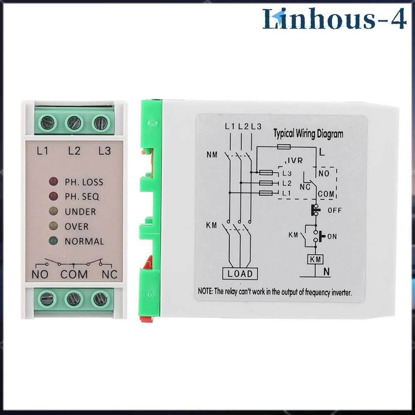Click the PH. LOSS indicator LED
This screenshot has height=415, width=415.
54,182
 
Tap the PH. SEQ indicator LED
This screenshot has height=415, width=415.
54,196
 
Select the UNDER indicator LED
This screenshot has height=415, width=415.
54,211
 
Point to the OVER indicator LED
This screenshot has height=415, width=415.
54,226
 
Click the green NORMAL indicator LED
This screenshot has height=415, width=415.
54,241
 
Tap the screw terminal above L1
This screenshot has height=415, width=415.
48,123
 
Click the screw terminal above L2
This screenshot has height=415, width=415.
74,123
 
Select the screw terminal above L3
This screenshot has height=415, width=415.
101,123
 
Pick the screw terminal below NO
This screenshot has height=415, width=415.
47,299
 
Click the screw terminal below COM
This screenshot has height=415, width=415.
74,299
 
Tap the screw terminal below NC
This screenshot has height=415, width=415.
100,299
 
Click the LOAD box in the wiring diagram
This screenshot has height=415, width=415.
240,273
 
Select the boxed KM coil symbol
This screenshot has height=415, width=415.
315,259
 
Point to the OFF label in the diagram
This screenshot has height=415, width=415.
334,210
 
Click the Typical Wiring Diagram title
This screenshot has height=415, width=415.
308,134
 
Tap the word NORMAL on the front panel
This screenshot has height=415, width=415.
84,242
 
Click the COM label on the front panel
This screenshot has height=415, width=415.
74,274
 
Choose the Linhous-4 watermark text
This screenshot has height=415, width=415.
334,19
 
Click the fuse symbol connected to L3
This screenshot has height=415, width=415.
266,173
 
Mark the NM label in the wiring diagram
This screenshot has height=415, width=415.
212,154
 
